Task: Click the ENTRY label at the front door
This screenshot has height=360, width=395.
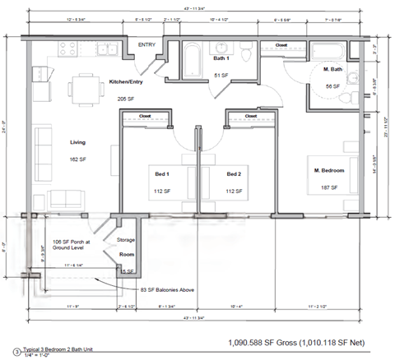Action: pos(146,45)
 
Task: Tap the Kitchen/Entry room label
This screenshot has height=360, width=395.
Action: pos(127,81)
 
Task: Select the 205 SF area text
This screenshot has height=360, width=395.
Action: pos(125,97)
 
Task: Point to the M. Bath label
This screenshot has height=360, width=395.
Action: pos(333,69)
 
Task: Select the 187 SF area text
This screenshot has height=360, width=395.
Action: pos(329,187)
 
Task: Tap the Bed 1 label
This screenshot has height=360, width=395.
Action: pos(162,174)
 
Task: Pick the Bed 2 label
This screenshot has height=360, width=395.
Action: pos(234,174)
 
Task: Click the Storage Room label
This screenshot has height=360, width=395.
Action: pos(125,247)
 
